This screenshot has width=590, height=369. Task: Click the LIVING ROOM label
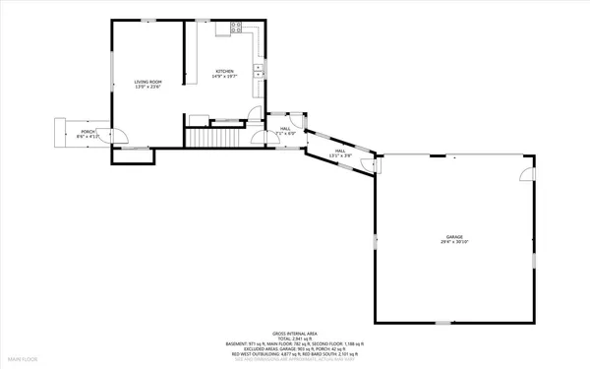coord(147,81)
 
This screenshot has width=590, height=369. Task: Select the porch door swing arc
coord(115,138)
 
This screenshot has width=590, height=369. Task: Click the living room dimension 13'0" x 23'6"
coord(147,88)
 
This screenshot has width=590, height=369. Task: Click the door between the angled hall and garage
coord(375,164)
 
